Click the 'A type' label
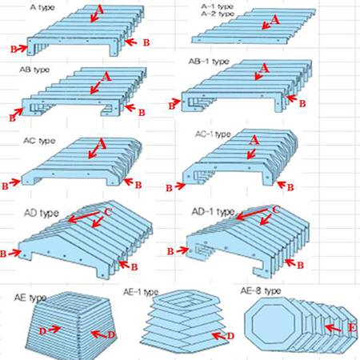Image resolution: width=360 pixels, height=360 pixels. tap(42, 7)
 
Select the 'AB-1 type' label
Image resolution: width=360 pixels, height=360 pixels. tap(209, 62)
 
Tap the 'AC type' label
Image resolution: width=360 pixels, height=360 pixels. tap(39, 141)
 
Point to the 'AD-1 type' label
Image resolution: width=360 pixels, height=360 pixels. tap(214, 212)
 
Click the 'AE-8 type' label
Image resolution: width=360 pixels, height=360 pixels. tap(261, 290)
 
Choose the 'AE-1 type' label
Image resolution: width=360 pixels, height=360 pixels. tap(141, 292)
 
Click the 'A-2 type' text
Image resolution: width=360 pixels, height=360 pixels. tap(218, 14)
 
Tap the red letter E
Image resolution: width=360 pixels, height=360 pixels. tap(353, 327)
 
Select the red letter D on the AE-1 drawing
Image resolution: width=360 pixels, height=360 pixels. tap(230, 336)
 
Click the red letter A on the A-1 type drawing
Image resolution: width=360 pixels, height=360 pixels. tap(275, 20)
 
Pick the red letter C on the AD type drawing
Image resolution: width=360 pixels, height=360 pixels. tap(108, 213)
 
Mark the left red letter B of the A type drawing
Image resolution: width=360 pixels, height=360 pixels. tap(14, 50)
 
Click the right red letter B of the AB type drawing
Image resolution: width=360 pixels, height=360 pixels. tap(142, 113)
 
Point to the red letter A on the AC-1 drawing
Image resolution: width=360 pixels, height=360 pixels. tap(254, 140)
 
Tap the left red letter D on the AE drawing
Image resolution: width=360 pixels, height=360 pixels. tap(42, 331)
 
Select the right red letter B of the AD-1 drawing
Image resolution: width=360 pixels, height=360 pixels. tap(300, 266)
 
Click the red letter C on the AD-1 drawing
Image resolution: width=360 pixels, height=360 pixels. tap(276, 210)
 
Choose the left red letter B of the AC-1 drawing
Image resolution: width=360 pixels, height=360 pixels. tap(169, 188)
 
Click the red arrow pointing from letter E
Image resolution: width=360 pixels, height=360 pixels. tap(334, 328)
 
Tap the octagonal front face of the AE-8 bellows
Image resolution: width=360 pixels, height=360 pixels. tap(270, 323)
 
